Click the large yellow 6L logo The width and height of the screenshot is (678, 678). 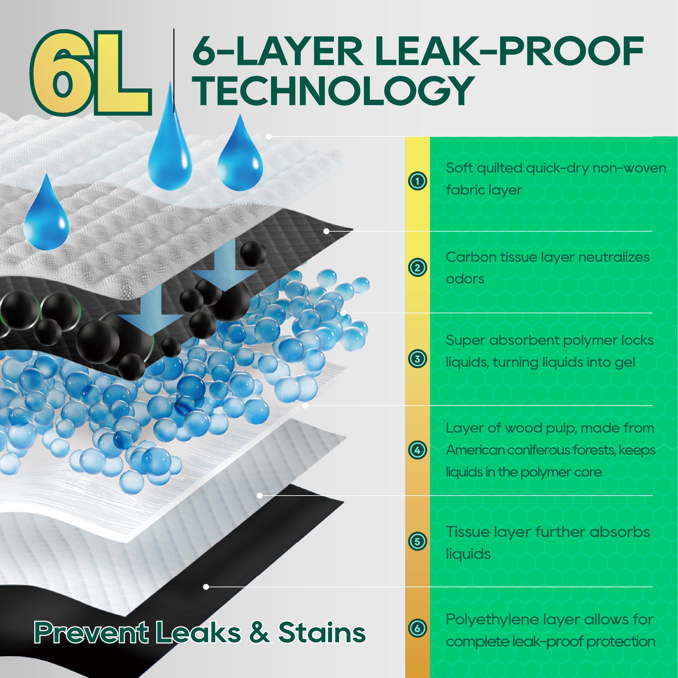click(90, 73)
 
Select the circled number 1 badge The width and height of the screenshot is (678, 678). click(417, 181)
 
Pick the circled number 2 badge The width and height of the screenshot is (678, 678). click(417, 268)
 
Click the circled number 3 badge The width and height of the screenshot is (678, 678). click(417, 359)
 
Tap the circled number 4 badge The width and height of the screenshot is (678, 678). click(417, 450)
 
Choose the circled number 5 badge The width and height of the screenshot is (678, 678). click(417, 541)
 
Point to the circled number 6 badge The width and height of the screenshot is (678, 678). click(417, 628)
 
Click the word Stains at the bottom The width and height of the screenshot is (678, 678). click(322, 632)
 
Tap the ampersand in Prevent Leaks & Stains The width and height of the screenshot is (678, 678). click(260, 632)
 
